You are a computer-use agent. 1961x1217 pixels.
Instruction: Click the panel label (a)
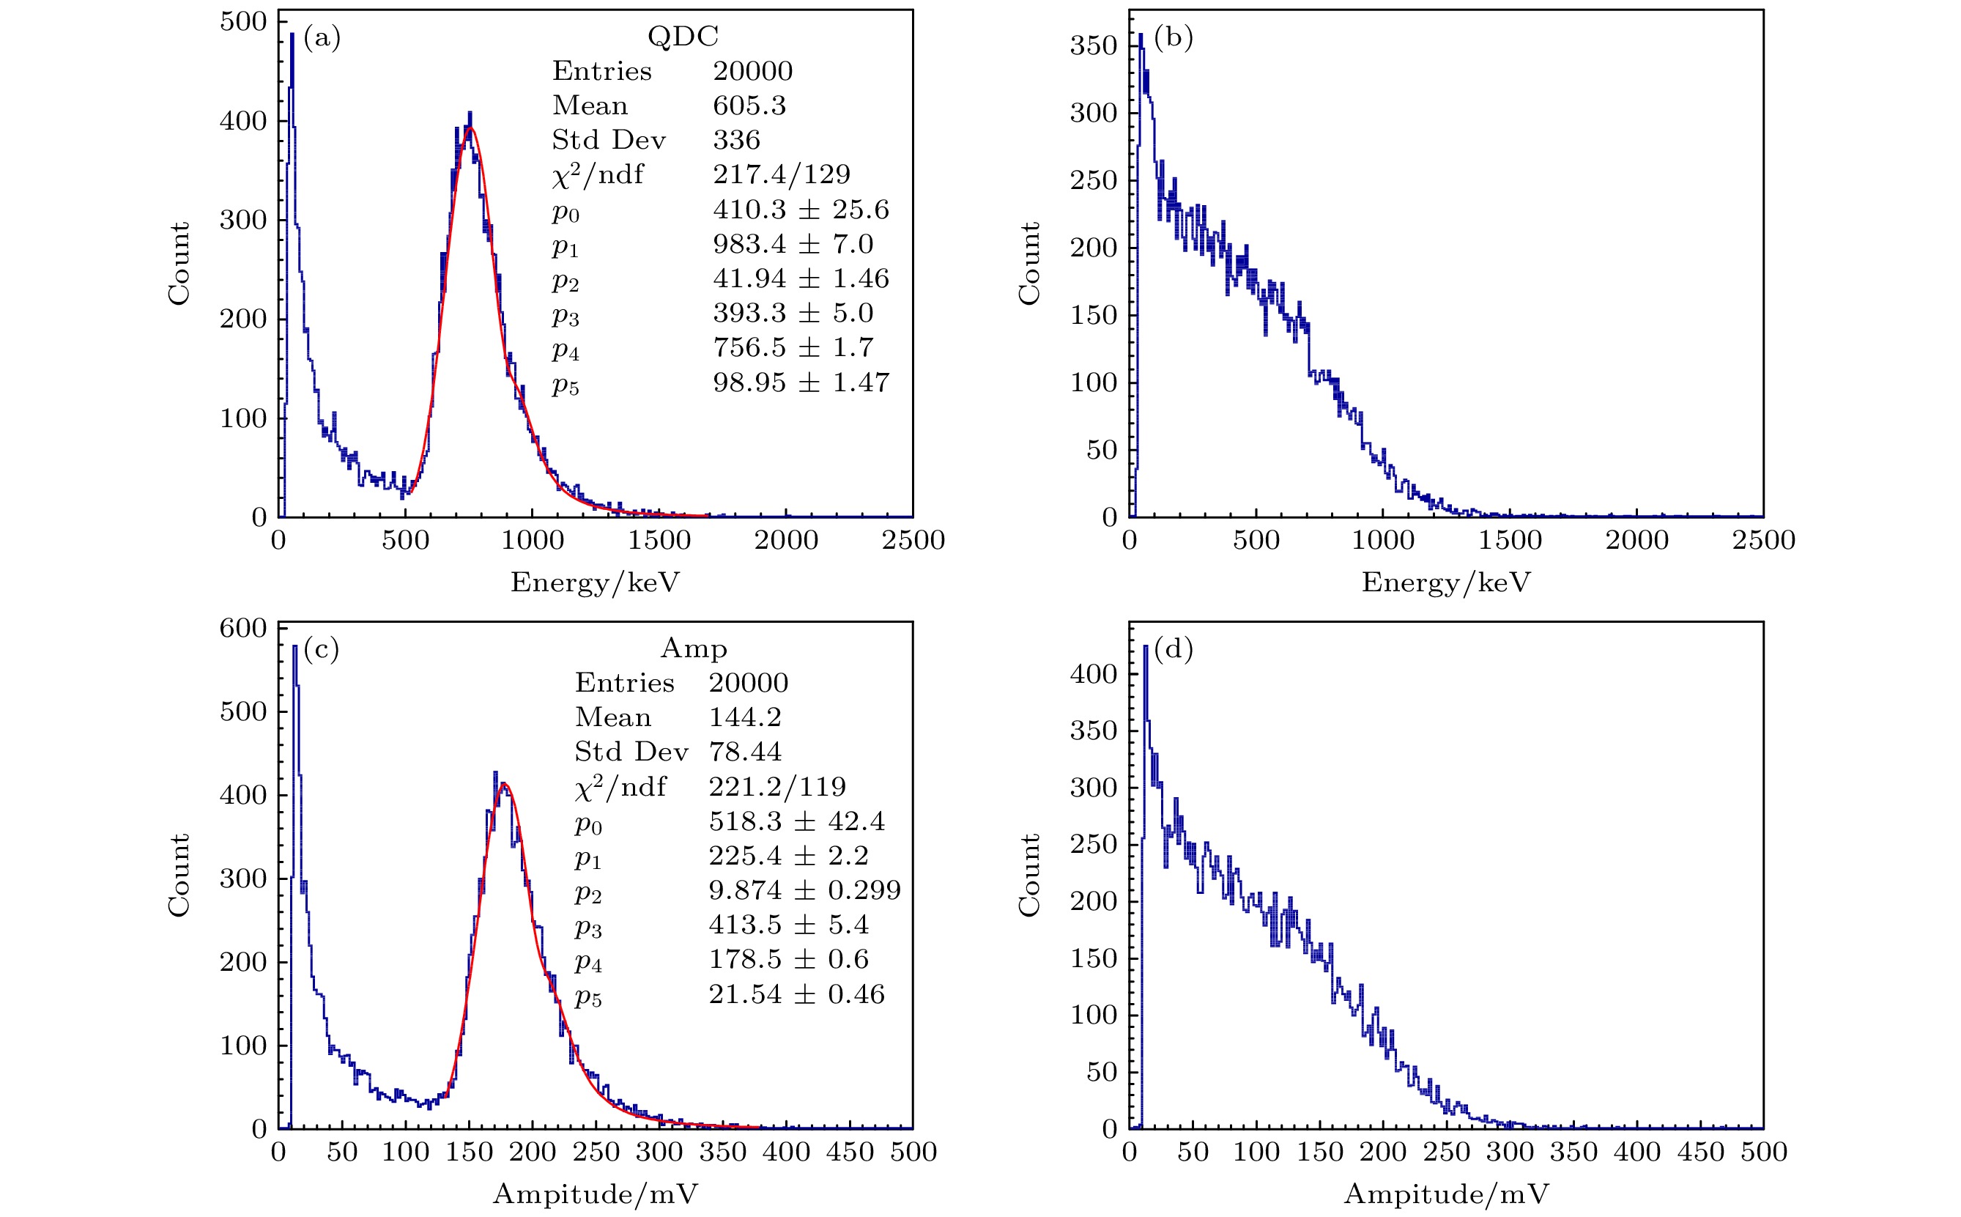(x=322, y=38)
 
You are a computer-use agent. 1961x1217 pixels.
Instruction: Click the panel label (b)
(x=1172, y=38)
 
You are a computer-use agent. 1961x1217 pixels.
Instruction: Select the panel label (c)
(x=321, y=648)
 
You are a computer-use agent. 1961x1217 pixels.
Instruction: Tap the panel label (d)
(x=1172, y=648)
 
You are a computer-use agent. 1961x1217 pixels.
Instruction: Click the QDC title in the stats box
(x=683, y=36)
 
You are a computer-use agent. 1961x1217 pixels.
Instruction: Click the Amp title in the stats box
(x=694, y=648)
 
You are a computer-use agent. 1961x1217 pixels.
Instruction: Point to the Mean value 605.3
(x=749, y=106)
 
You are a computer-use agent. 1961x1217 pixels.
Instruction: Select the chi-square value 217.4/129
(x=782, y=174)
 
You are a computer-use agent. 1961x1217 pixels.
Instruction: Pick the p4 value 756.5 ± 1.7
(x=793, y=348)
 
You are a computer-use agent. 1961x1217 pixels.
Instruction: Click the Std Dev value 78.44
(x=744, y=752)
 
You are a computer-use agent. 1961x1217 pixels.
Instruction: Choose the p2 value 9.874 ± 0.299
(x=804, y=890)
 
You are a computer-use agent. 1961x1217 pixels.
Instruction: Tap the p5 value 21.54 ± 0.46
(x=796, y=994)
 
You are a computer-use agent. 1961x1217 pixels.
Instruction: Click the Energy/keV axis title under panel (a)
(x=595, y=582)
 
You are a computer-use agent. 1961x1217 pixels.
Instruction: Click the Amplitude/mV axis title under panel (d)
(x=1446, y=1194)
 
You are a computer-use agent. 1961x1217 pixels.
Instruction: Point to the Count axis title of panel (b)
(x=1029, y=263)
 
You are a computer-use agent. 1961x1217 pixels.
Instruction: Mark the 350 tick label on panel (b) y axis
(x=1093, y=45)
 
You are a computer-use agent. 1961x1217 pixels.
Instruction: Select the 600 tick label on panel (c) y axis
(x=242, y=628)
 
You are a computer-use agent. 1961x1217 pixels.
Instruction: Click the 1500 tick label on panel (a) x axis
(x=659, y=540)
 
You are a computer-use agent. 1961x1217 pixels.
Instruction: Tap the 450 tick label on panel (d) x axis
(x=1700, y=1152)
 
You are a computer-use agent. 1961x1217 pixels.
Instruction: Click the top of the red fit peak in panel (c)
(x=504, y=783)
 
